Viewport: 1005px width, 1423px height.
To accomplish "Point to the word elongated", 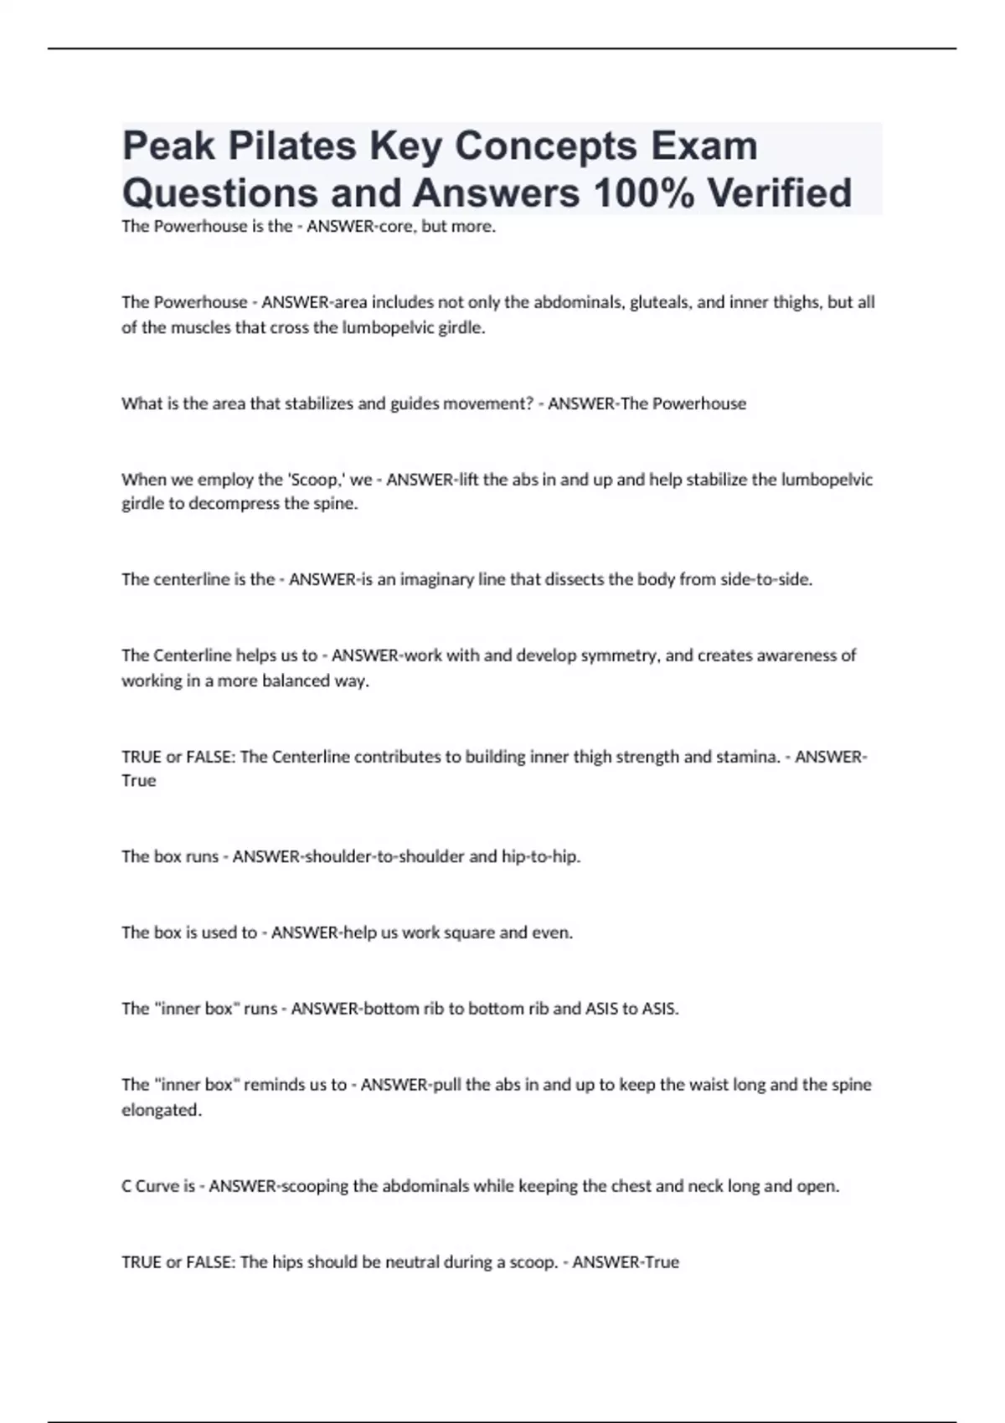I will (x=162, y=1110).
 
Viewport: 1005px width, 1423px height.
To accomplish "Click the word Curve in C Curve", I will (x=157, y=1186).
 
